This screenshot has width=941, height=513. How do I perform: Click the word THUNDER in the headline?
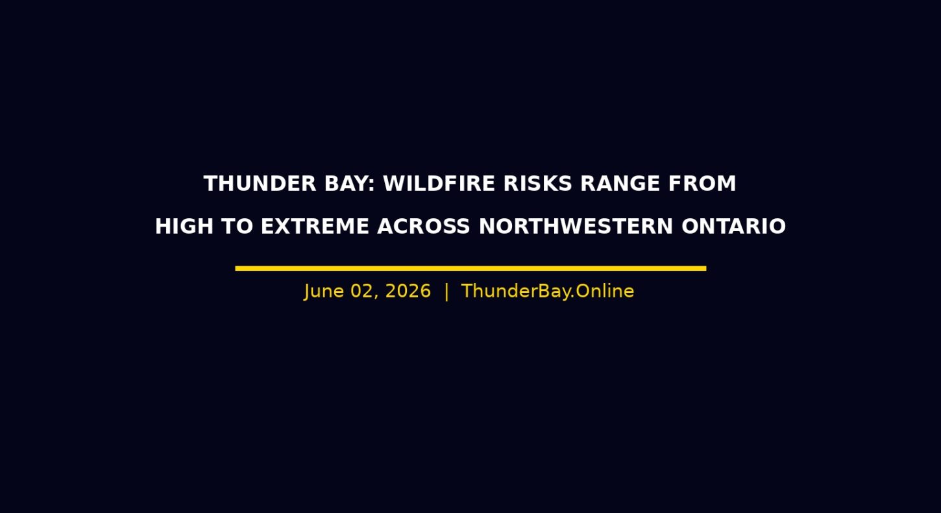point(260,184)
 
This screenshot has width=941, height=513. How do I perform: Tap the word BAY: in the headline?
point(350,184)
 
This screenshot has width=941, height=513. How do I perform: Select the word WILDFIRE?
point(439,184)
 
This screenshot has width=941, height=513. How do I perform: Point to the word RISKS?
point(538,184)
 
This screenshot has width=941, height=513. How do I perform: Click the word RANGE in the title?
point(620,184)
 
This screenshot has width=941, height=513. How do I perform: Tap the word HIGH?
point(184,227)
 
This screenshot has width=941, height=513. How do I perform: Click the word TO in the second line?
point(238,227)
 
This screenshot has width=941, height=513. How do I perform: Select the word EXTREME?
point(315,227)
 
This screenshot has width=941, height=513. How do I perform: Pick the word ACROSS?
point(423,227)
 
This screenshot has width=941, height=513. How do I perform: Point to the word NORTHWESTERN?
point(576,227)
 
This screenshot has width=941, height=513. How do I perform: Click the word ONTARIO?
point(733,227)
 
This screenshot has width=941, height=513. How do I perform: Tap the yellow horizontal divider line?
point(470,268)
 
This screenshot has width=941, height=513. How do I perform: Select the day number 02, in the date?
point(365,292)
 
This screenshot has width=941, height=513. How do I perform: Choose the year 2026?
point(408,291)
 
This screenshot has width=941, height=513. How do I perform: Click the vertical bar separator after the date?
point(446,292)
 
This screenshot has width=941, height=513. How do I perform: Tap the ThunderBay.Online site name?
point(548,291)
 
